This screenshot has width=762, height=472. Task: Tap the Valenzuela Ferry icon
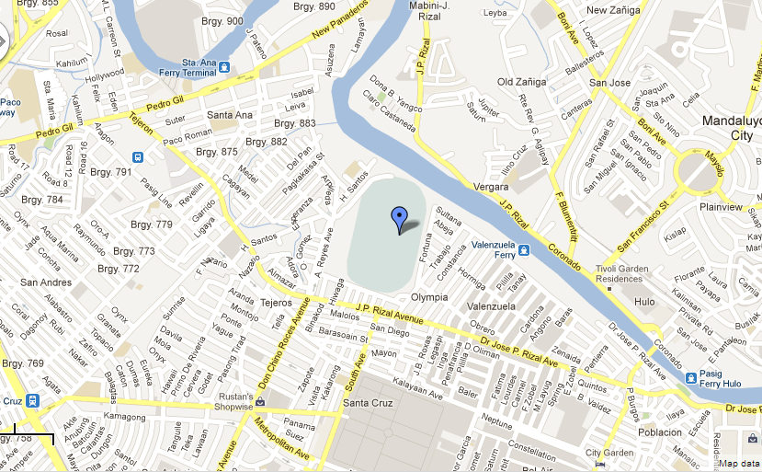(x=523, y=250)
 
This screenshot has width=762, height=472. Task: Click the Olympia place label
(x=429, y=297)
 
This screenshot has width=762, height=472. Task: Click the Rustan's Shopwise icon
(x=260, y=401)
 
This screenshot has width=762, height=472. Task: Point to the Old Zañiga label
(x=522, y=82)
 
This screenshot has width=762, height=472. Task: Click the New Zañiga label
(x=612, y=11)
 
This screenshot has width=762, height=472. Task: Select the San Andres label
(x=46, y=282)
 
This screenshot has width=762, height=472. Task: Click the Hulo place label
(x=644, y=301)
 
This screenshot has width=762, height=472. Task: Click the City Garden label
(x=610, y=453)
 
